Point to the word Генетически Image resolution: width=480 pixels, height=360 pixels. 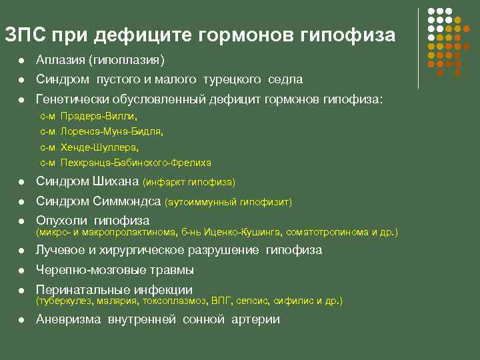click(x=70, y=99)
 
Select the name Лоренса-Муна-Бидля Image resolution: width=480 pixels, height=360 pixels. click(x=111, y=131)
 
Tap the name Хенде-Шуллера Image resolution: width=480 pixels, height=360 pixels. click(x=99, y=147)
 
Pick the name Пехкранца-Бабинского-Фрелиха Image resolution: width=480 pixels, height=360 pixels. click(x=135, y=162)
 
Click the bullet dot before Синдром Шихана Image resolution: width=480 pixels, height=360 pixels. click(x=21, y=182)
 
